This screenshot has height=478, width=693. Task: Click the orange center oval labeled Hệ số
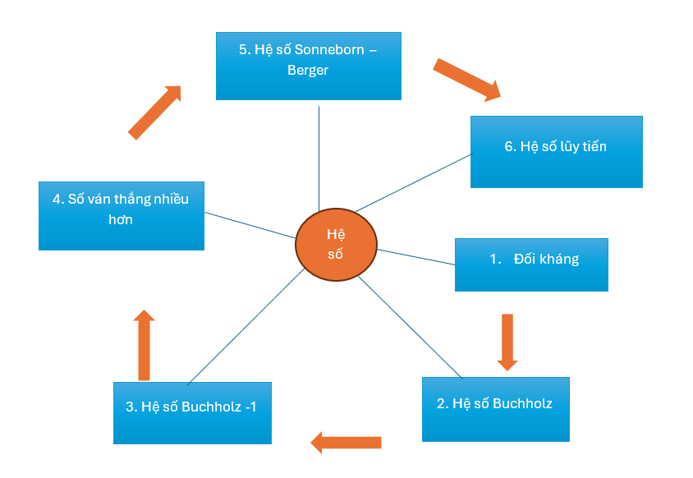click(x=335, y=245)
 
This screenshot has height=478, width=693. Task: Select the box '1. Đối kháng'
click(x=531, y=264)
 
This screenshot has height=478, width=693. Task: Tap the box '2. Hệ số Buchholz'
click(x=495, y=409)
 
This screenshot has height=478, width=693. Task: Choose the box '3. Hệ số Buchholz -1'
click(x=192, y=412)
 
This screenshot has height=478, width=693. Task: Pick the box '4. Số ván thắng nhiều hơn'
click(x=121, y=215)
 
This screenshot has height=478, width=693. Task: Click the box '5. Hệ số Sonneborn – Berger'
click(x=308, y=66)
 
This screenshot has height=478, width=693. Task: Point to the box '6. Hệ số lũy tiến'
click(x=556, y=151)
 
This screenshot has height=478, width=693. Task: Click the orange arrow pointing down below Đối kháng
click(x=507, y=341)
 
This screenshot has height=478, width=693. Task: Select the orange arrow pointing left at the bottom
click(x=346, y=443)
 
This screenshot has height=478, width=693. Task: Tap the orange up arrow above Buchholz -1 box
click(x=145, y=345)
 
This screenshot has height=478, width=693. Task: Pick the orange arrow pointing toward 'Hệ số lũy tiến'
click(x=466, y=80)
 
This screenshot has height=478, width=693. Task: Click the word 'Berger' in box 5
click(x=308, y=71)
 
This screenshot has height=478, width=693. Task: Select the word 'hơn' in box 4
click(x=120, y=220)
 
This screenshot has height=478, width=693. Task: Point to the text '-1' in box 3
click(x=250, y=407)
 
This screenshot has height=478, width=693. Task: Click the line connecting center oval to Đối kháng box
click(x=415, y=257)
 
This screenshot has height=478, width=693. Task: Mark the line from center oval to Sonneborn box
click(x=319, y=156)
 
